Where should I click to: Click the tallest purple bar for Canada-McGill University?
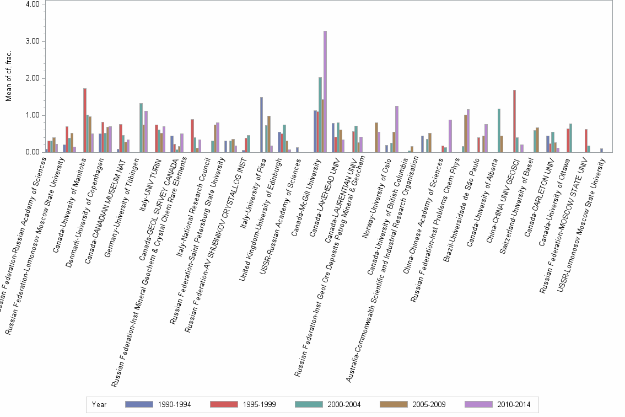coord(325,92)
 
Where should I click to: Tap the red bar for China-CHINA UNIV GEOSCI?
coord(514,121)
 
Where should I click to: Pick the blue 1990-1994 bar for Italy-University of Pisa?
coord(261,125)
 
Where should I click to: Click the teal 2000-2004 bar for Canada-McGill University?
coord(320,115)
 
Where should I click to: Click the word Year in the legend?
coord(100,404)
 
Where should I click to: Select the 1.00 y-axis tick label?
coord(32,115)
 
